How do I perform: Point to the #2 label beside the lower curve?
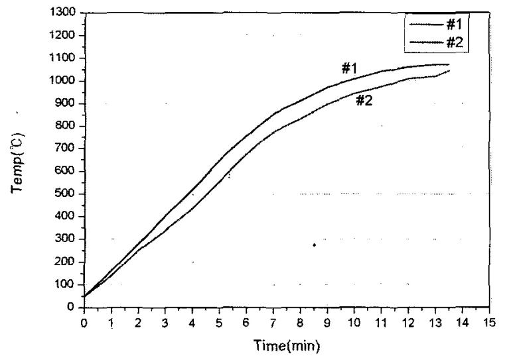(364, 101)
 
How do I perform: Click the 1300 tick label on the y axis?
(65, 13)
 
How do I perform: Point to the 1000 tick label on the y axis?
(65, 81)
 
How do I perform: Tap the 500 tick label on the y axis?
(68, 194)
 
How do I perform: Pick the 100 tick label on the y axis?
(68, 284)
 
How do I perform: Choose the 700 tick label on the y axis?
(68, 149)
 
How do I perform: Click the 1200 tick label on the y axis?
(65, 35)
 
